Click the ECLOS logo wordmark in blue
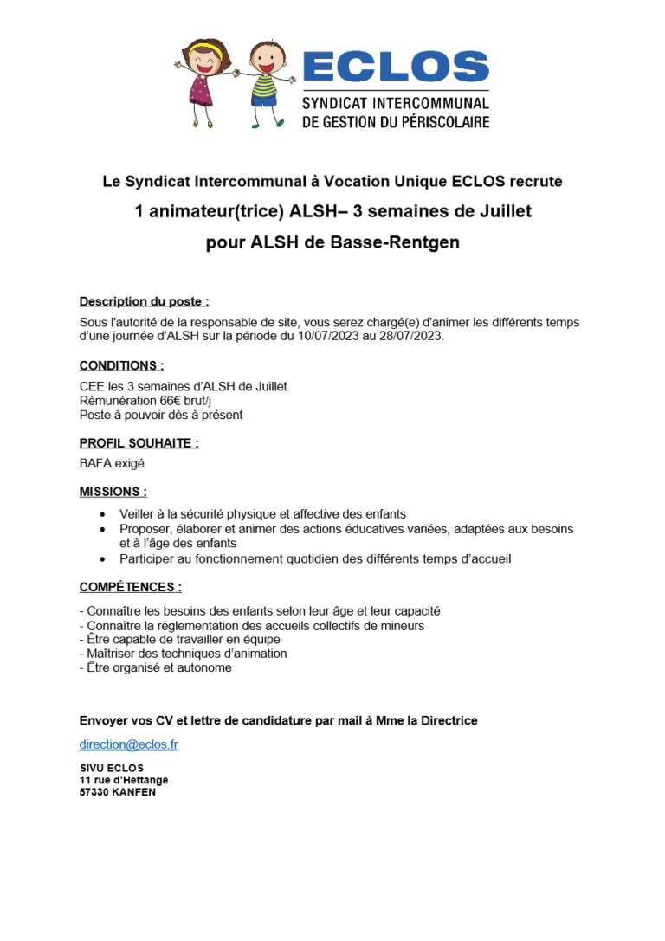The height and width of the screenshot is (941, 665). point(396,67)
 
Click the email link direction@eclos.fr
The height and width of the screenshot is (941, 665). point(128,744)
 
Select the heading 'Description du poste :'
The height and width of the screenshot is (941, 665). point(144,301)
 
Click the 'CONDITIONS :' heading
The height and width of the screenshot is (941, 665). point(121,365)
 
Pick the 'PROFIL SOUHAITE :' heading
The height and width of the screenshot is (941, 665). point(139,443)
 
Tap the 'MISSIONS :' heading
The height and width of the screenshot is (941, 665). point(113,492)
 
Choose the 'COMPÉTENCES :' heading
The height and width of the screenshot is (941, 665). point(130,587)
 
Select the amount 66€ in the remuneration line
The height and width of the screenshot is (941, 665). point(171,401)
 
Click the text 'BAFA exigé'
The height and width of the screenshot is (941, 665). point(112,463)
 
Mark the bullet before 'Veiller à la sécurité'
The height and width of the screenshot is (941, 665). point(104,514)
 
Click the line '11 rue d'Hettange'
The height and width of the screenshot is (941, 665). point(123,780)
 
